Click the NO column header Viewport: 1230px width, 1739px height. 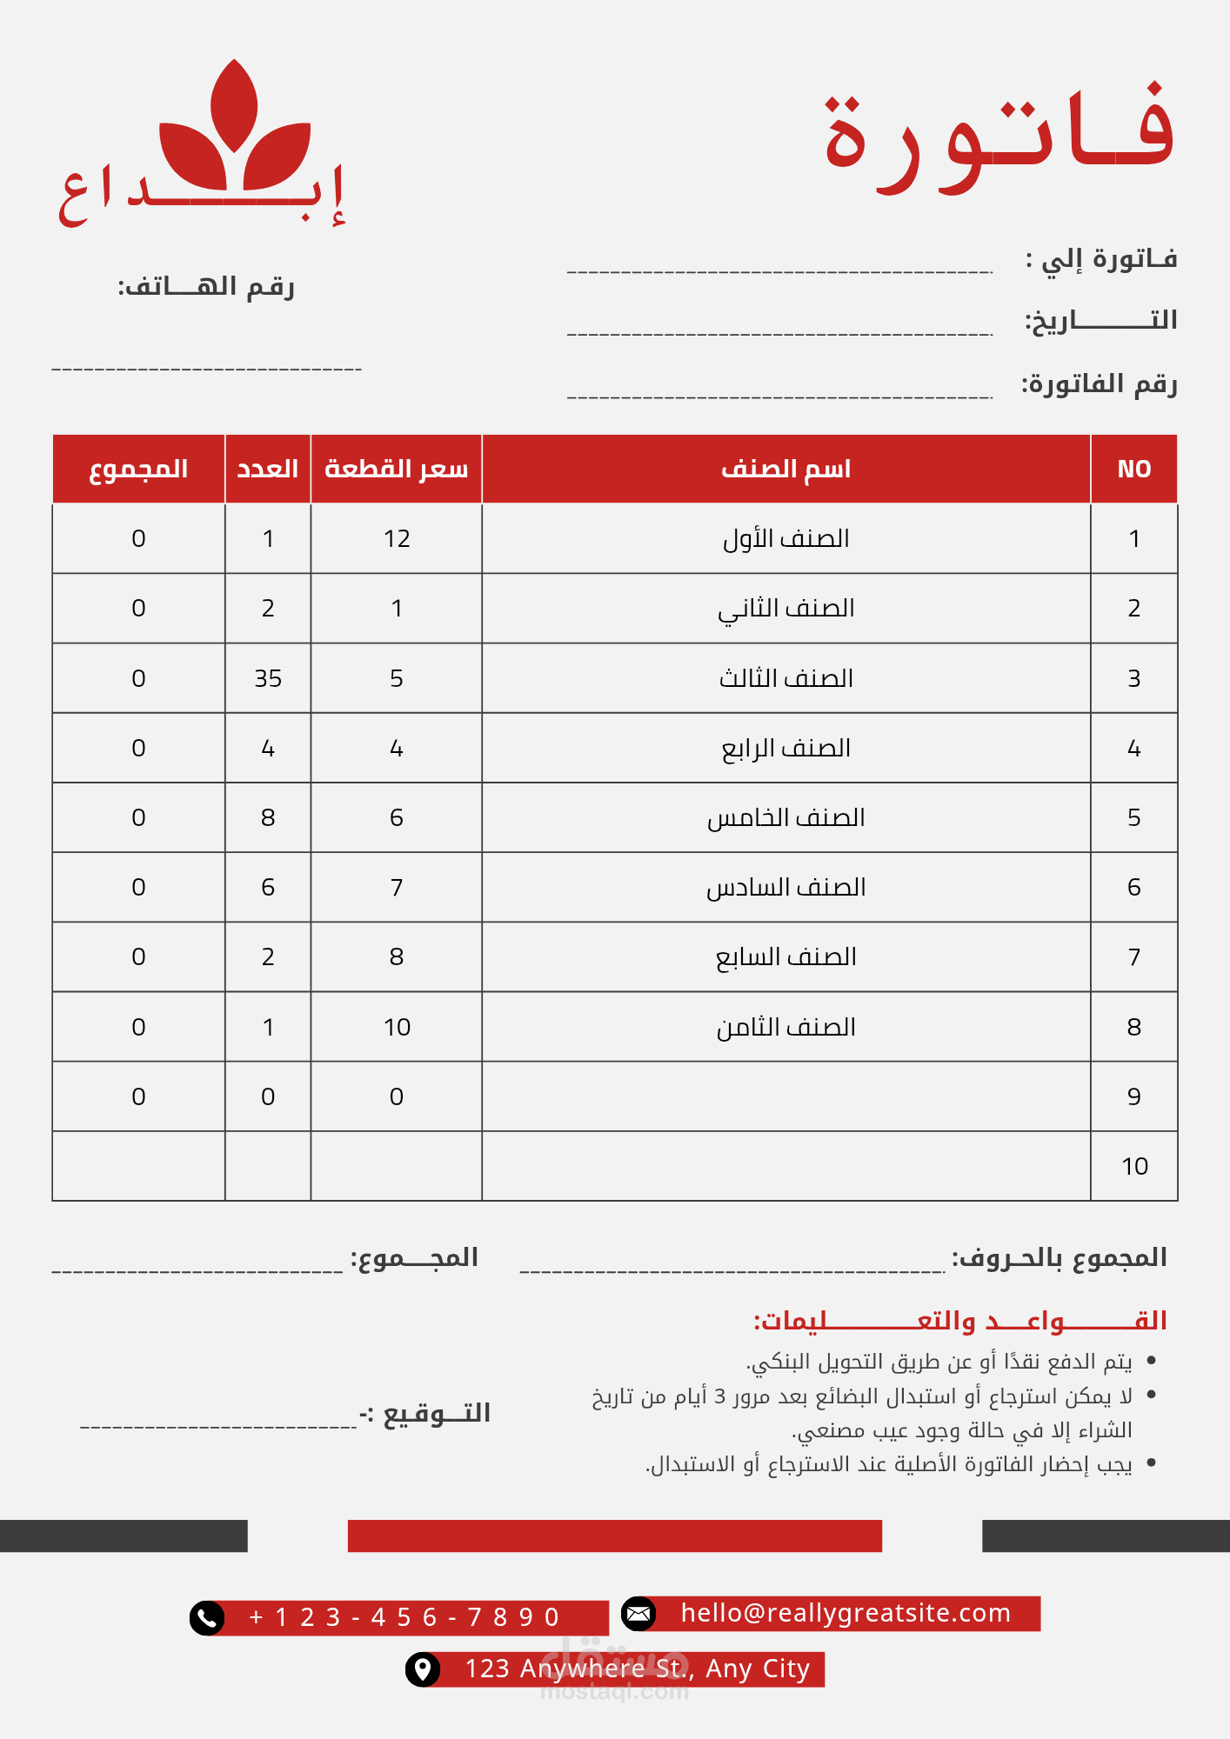[1133, 470]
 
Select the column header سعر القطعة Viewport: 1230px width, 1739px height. [396, 470]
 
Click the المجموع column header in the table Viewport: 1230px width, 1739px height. [138, 470]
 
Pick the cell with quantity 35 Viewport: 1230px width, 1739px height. [268, 678]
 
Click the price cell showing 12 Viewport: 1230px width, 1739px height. [397, 539]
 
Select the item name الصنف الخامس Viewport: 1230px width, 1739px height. [785, 817]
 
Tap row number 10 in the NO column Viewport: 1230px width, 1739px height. [1134, 1166]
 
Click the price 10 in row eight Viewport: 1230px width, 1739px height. [397, 1027]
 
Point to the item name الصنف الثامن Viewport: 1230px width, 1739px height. [785, 1027]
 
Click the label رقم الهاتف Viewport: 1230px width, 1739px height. [206, 286]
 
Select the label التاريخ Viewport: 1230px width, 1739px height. [1100, 320]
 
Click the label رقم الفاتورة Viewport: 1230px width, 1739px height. [1099, 383]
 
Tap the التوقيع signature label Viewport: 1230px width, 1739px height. [426, 1413]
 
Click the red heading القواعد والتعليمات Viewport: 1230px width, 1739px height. [959, 1321]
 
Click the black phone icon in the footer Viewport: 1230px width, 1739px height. [207, 1618]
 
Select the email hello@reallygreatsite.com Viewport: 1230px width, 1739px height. [846, 1613]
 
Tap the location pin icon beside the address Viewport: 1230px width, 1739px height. [423, 1669]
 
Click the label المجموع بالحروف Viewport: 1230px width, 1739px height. [1059, 1257]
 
